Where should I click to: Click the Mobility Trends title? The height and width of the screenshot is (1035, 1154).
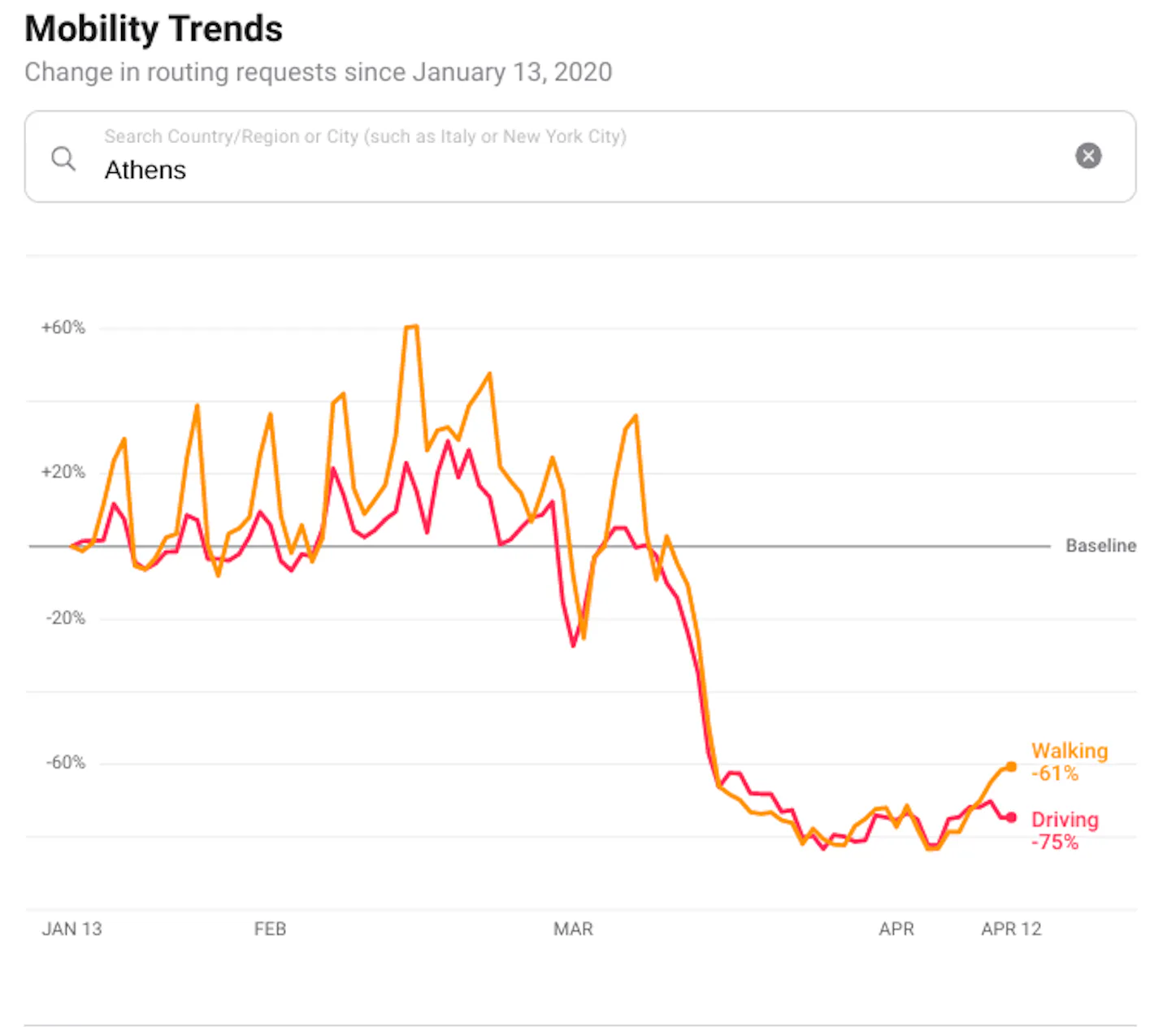pyautogui.click(x=154, y=29)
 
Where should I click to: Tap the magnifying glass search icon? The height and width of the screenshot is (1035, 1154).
pyautogui.click(x=63, y=158)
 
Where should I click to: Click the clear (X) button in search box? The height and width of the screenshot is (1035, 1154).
pyautogui.click(x=1088, y=155)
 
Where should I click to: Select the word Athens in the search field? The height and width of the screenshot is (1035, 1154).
pyautogui.click(x=145, y=170)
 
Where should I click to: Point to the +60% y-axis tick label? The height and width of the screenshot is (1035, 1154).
pyautogui.click(x=63, y=327)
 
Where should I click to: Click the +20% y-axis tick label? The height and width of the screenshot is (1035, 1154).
pyautogui.click(x=63, y=472)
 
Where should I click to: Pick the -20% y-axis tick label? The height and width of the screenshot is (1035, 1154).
pyautogui.click(x=65, y=617)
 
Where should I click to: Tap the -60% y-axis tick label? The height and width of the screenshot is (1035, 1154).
pyautogui.click(x=65, y=762)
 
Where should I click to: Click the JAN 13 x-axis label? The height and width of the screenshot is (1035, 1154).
pyautogui.click(x=72, y=929)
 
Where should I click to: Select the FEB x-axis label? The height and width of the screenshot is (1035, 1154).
pyautogui.click(x=270, y=929)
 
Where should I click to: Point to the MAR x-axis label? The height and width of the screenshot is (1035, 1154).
pyautogui.click(x=573, y=929)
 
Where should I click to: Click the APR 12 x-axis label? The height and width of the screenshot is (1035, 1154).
pyautogui.click(x=1011, y=929)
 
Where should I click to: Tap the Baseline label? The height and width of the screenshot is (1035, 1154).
pyautogui.click(x=1100, y=546)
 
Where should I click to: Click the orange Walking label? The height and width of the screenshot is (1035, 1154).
pyautogui.click(x=1069, y=751)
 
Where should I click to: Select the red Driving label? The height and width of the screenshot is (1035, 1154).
pyautogui.click(x=1065, y=820)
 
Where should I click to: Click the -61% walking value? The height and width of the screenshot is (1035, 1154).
pyautogui.click(x=1055, y=773)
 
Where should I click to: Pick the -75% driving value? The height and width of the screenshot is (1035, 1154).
pyautogui.click(x=1055, y=842)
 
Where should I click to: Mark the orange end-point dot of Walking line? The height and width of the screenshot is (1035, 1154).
pyautogui.click(x=1011, y=766)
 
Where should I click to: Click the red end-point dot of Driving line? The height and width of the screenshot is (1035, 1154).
pyautogui.click(x=1011, y=817)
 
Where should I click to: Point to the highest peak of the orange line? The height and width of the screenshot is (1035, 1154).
pyautogui.click(x=411, y=327)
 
